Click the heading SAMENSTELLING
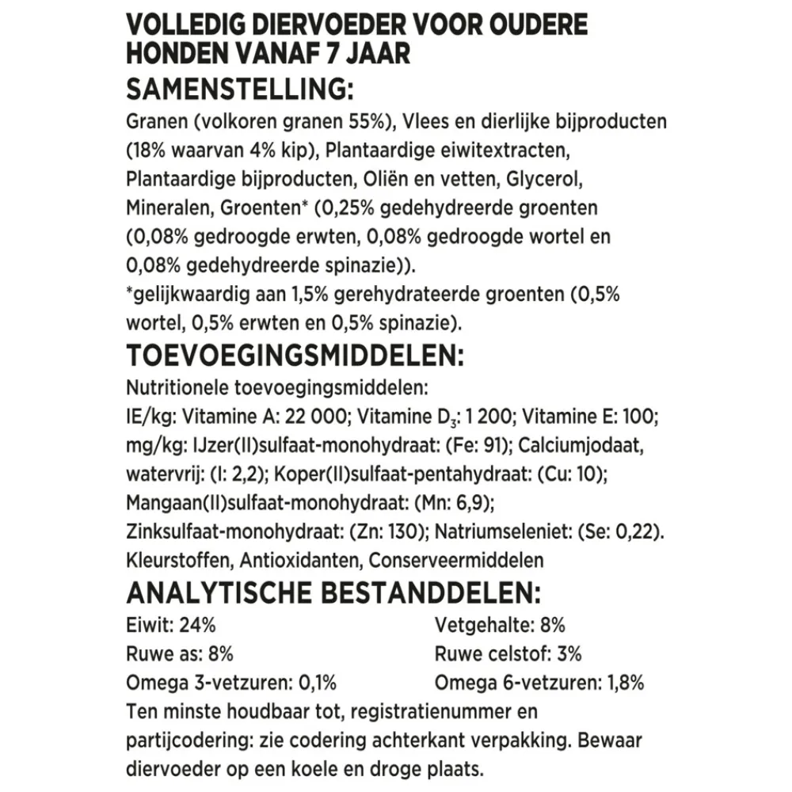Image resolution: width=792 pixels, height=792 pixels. pos(238,89)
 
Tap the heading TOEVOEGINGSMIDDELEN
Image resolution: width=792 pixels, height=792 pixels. pos(294,356)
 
